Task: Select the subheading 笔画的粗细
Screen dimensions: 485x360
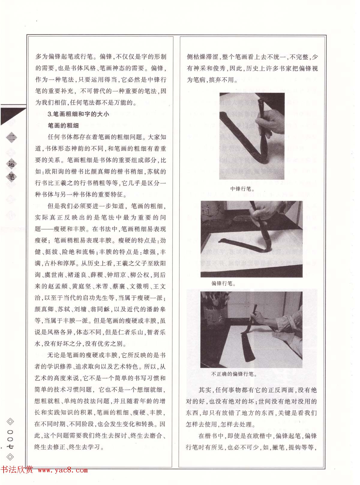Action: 63,126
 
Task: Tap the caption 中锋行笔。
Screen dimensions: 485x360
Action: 242,189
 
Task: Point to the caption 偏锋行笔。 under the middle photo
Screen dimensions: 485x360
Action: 223,283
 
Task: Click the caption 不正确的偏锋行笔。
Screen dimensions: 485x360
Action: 234,374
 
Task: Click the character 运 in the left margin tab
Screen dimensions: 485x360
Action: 11,164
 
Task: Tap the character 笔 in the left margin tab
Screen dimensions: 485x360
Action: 11,176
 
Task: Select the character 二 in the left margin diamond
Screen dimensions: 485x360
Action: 11,138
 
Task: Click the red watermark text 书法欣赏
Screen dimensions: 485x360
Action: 17,470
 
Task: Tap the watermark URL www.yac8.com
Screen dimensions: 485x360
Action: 63,470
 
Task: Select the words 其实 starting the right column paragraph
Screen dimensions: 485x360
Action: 205,390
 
